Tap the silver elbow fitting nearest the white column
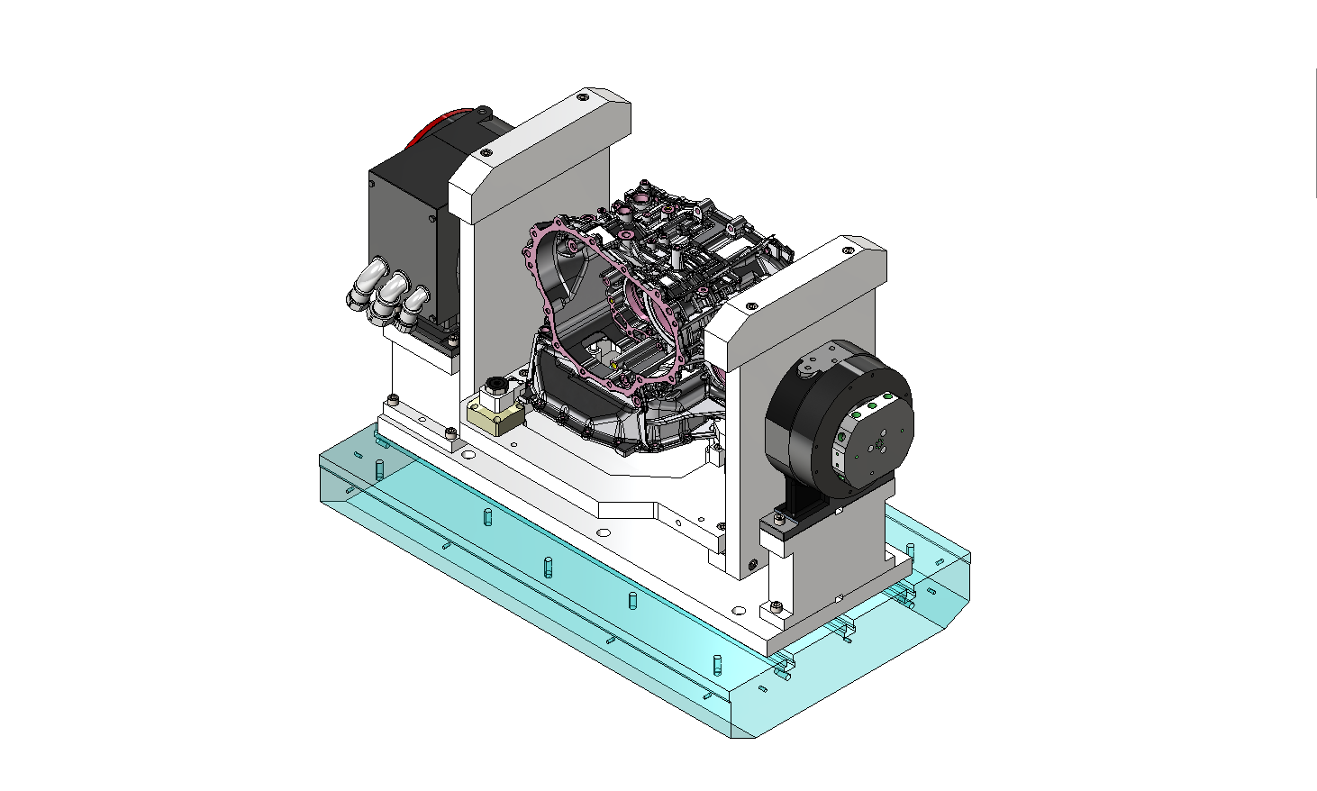point(414,305)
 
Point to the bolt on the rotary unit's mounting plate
point(777,519)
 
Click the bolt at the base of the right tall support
point(753,567)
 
